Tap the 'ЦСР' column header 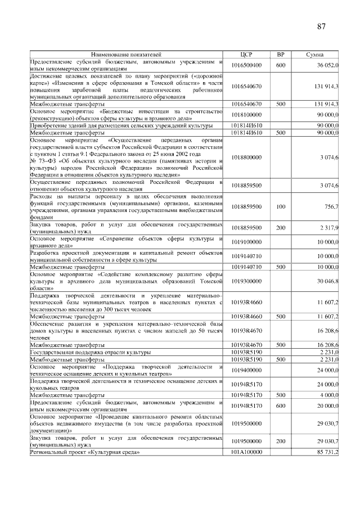click(x=247, y=55)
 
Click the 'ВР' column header click(x=281, y=55)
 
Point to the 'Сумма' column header click(x=315, y=55)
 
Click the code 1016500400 click(x=247, y=65)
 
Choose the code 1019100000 click(x=247, y=242)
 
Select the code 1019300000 click(x=247, y=281)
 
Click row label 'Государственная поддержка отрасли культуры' click(x=90, y=352)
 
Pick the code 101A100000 click(x=247, y=452)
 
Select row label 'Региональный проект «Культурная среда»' click(x=84, y=452)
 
